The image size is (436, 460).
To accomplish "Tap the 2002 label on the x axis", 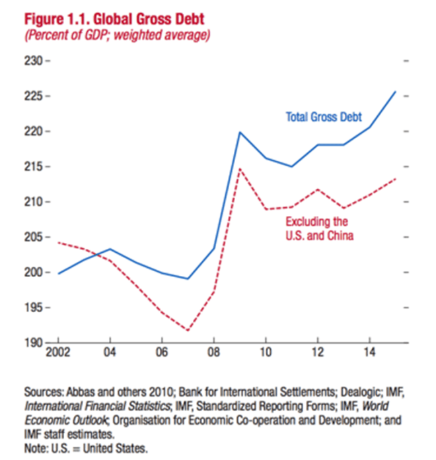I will (59, 352).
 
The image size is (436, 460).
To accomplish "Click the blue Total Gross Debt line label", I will (324, 117).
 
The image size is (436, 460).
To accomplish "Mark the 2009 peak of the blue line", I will (239, 132).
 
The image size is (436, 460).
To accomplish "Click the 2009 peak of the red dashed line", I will (239, 168).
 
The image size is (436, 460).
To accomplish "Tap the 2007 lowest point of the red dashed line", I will (188, 330).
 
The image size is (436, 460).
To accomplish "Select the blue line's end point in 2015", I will (395, 92).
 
